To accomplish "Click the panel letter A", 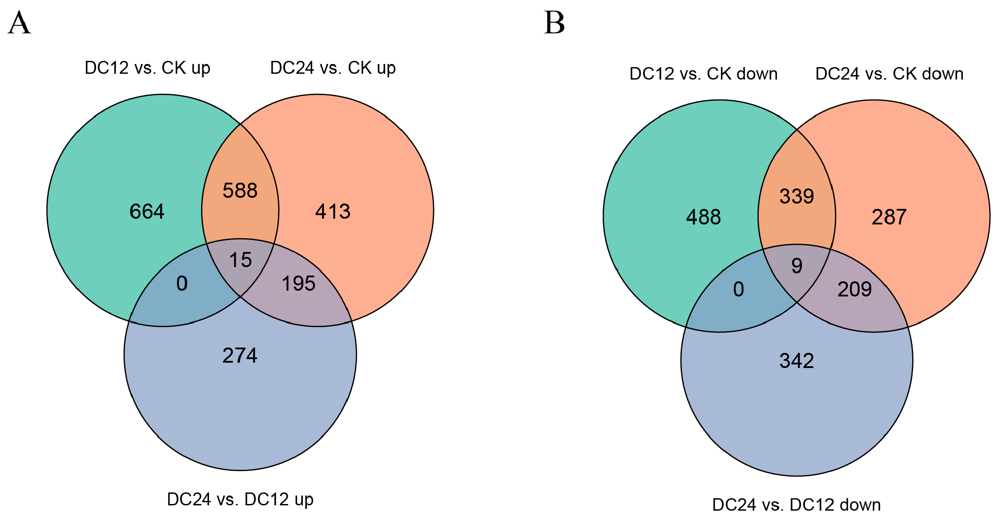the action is click(x=19, y=23).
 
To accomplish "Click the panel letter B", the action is click(x=554, y=23).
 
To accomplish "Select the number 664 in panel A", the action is click(x=147, y=212).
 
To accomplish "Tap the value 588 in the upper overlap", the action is click(x=240, y=191).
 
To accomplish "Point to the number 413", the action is click(x=333, y=212).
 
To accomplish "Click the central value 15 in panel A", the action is click(x=241, y=260).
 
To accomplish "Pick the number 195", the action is click(x=298, y=284).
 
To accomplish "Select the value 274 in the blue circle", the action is click(x=240, y=356).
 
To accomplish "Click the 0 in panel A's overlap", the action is click(x=182, y=284).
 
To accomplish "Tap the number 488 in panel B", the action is click(x=704, y=217).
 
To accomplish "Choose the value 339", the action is click(x=797, y=196).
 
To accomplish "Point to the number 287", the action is click(x=889, y=217).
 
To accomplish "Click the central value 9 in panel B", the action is click(x=797, y=266).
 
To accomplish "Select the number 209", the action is click(x=855, y=289).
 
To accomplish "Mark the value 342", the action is click(x=797, y=361).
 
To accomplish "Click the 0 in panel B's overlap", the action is click(x=739, y=289).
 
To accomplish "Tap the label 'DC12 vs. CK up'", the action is click(x=148, y=68).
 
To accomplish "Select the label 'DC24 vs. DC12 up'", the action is click(x=240, y=500).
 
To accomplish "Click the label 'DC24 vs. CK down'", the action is click(x=889, y=74).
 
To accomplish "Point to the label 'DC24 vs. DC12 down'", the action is click(x=797, y=505).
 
